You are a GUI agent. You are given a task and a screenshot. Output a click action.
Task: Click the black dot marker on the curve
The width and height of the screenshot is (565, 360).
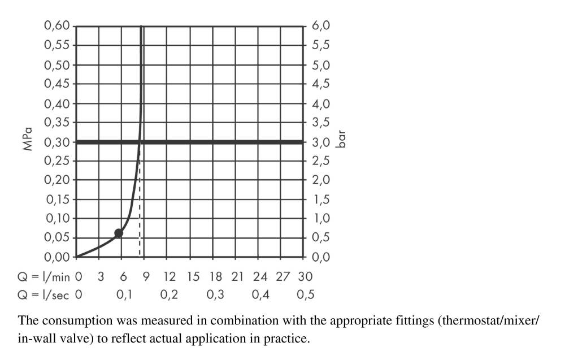click(x=119, y=233)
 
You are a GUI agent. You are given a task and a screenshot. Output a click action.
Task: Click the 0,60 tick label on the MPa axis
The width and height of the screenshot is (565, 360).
click(x=56, y=26)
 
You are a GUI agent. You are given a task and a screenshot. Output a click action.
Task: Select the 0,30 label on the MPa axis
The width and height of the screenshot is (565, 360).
click(x=56, y=142)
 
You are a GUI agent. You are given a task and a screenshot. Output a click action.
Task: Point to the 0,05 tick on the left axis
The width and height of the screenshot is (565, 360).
click(x=56, y=238)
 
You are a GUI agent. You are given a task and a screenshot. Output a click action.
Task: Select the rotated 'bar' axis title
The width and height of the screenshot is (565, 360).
click(x=341, y=139)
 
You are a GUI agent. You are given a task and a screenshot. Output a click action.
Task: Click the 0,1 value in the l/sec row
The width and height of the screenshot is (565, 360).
click(x=124, y=294)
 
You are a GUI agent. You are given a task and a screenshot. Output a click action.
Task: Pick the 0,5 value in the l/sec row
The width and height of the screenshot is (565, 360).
click(x=305, y=294)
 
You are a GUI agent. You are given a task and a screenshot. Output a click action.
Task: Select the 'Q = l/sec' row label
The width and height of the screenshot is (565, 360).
click(x=43, y=294)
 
